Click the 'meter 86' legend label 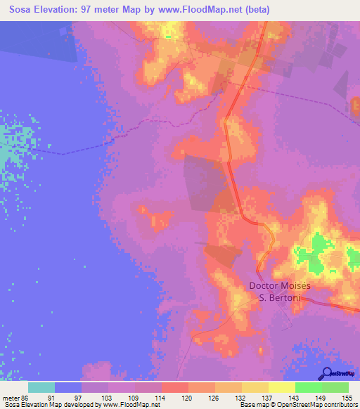(15, 397)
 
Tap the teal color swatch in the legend (41, 387)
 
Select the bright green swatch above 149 (308, 387)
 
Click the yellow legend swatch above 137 (255, 387)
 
